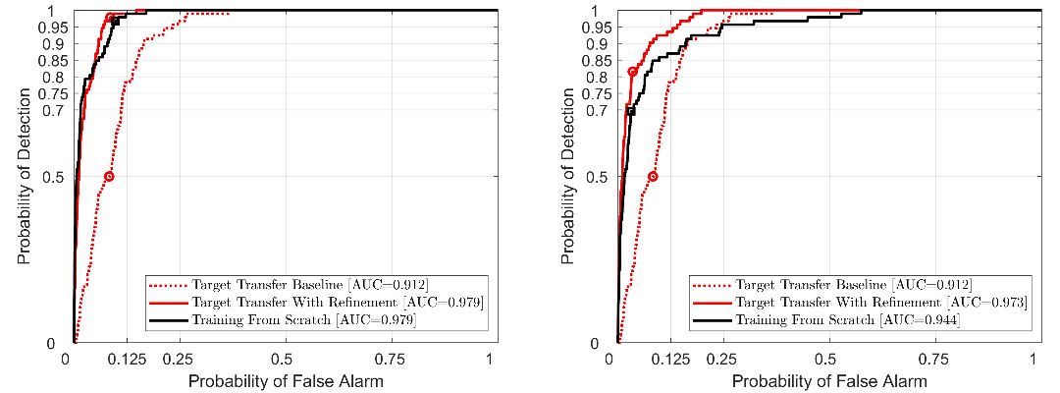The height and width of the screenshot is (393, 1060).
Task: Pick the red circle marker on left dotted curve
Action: (109, 177)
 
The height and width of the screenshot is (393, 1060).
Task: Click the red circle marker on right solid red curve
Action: (632, 72)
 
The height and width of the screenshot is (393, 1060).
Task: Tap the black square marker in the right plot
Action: (631, 111)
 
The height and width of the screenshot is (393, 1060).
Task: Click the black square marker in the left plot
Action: (115, 22)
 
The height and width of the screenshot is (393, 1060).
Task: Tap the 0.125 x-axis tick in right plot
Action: (668, 359)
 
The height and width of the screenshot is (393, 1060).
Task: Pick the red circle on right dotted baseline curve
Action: (653, 177)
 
